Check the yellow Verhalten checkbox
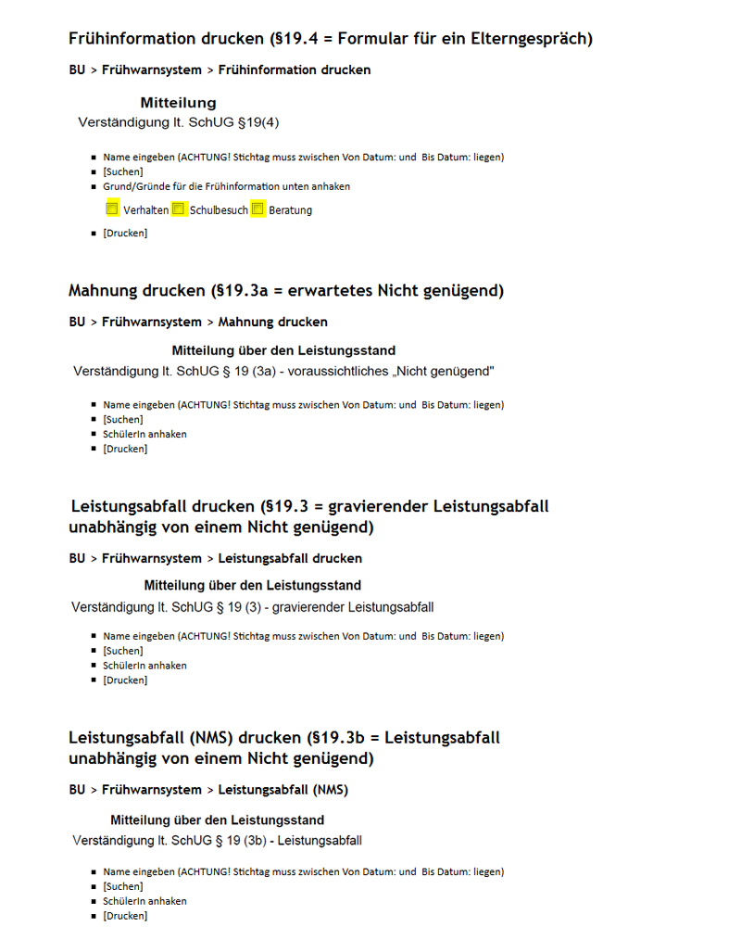[112, 209]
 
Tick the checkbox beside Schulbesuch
[179, 209]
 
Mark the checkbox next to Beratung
[257, 209]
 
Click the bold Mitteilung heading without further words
[179, 103]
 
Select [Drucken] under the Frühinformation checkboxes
[125, 233]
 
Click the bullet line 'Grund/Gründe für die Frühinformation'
[226, 186]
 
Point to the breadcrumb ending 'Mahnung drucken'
[198, 322]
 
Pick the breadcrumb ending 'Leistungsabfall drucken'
[215, 558]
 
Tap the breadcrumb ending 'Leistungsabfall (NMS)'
[208, 790]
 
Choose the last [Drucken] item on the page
[125, 916]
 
